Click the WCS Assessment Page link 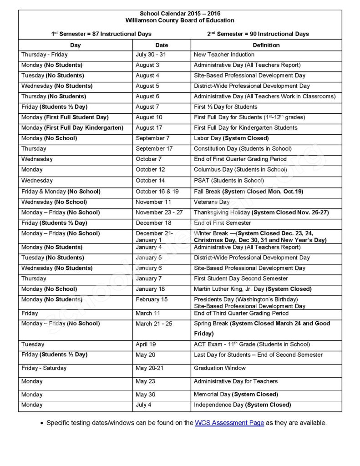229,423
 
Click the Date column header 162,45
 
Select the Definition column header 266,45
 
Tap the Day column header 76,45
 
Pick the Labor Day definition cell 231,138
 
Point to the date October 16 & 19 157,192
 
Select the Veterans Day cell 212,202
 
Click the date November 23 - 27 159,213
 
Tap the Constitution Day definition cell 243,148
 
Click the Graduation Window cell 219,368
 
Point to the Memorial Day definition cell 236,394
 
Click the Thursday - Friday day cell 44,55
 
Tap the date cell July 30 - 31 151,55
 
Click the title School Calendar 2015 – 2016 180,14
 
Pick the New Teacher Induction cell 224,55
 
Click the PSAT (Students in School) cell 228,181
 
